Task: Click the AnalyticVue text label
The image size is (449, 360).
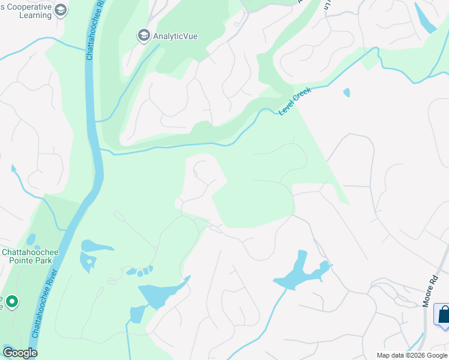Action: [175, 36]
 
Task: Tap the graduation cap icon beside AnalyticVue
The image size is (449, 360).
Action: [143, 36]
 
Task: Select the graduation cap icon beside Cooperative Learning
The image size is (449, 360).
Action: [61, 10]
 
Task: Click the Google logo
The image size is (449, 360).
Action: [20, 353]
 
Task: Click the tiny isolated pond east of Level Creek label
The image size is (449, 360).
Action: [346, 92]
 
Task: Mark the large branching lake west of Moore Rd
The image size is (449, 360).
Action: [300, 274]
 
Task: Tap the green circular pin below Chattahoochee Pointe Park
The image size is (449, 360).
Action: [11, 300]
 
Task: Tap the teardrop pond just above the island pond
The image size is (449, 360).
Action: [96, 246]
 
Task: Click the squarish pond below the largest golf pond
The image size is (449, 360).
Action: [137, 314]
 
